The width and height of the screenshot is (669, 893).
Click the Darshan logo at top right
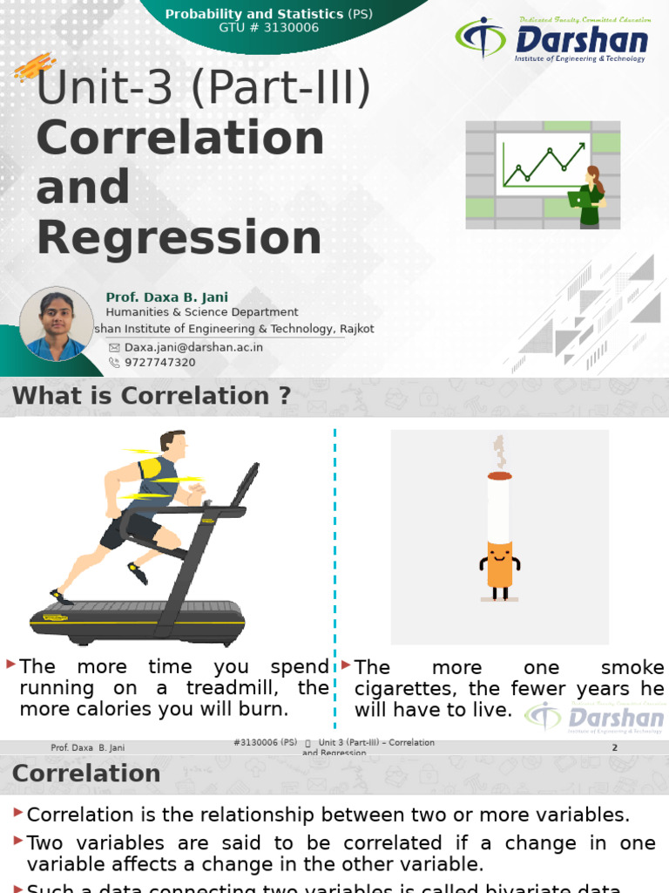tap(552, 39)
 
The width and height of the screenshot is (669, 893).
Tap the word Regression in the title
tap(179, 238)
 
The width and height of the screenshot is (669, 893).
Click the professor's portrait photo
tap(56, 324)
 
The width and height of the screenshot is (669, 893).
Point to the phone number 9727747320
tap(160, 363)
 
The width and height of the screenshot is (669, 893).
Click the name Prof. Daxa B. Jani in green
tap(166, 297)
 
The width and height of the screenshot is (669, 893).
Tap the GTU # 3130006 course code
tap(268, 27)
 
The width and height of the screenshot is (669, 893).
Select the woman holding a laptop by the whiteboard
tap(590, 197)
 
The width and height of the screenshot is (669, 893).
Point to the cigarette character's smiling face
tap(499, 553)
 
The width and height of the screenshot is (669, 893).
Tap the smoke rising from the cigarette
tap(499, 453)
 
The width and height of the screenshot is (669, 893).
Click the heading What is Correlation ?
tap(152, 396)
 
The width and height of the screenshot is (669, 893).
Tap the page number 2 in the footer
tap(614, 748)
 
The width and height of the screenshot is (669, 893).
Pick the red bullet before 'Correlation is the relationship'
tap(18, 813)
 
